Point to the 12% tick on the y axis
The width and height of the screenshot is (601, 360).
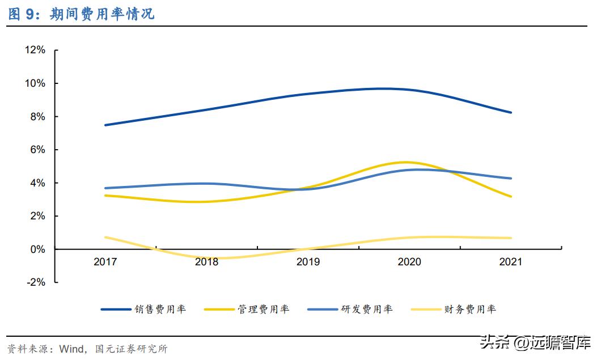pyautogui.click(x=35, y=50)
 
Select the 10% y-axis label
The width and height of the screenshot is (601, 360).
pyautogui.click(x=35, y=83)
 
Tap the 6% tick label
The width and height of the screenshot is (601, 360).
pyautogui.click(x=37, y=150)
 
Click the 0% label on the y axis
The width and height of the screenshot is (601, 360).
pyautogui.click(x=37, y=249)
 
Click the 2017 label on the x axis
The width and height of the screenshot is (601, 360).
pyautogui.click(x=105, y=262)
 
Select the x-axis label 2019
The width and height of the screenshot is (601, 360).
pyautogui.click(x=308, y=262)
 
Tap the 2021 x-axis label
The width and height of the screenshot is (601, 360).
pyautogui.click(x=510, y=262)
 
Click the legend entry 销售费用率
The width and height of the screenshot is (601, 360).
pyautogui.click(x=160, y=309)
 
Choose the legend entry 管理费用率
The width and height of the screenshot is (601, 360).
pyautogui.click(x=264, y=309)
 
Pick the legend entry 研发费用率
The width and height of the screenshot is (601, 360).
pyautogui.click(x=367, y=309)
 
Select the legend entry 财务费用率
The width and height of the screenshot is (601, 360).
pyautogui.click(x=470, y=309)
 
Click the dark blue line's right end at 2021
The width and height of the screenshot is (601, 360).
pyautogui.click(x=511, y=112)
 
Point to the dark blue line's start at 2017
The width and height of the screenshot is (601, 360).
pyautogui.click(x=105, y=125)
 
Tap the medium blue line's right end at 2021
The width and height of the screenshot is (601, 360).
pyautogui.click(x=511, y=178)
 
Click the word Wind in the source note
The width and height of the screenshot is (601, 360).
pyautogui.click(x=73, y=348)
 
